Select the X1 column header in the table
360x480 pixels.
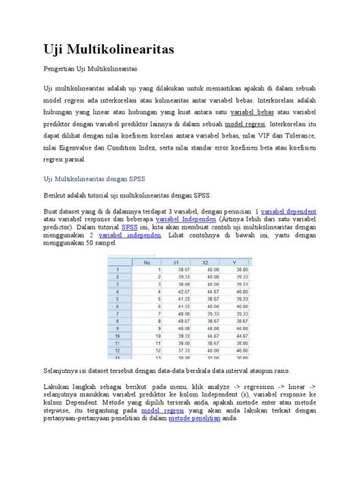[x=182, y=261]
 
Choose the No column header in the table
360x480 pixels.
[x=147, y=261]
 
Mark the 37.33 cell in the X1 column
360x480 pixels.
[x=184, y=350]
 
